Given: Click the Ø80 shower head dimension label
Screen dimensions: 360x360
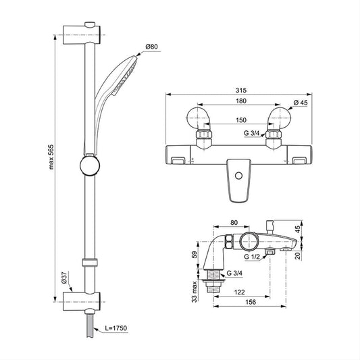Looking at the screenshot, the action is click(151, 47).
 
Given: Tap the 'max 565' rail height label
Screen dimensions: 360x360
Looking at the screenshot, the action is click(51, 157).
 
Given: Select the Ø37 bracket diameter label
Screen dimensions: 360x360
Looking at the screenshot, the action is click(64, 278).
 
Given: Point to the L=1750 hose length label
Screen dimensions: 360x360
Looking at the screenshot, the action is click(115, 328).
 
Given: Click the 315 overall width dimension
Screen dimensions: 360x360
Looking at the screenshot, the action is click(241, 91).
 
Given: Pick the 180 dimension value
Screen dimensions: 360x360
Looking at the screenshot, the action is click(241, 101).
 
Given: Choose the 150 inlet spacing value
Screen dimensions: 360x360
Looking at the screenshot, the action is click(241, 120).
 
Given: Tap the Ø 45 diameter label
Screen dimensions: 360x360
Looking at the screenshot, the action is click(301, 103).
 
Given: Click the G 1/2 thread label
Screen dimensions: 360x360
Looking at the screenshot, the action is click(252, 257).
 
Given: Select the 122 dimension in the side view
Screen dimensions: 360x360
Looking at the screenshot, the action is click(240, 292).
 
